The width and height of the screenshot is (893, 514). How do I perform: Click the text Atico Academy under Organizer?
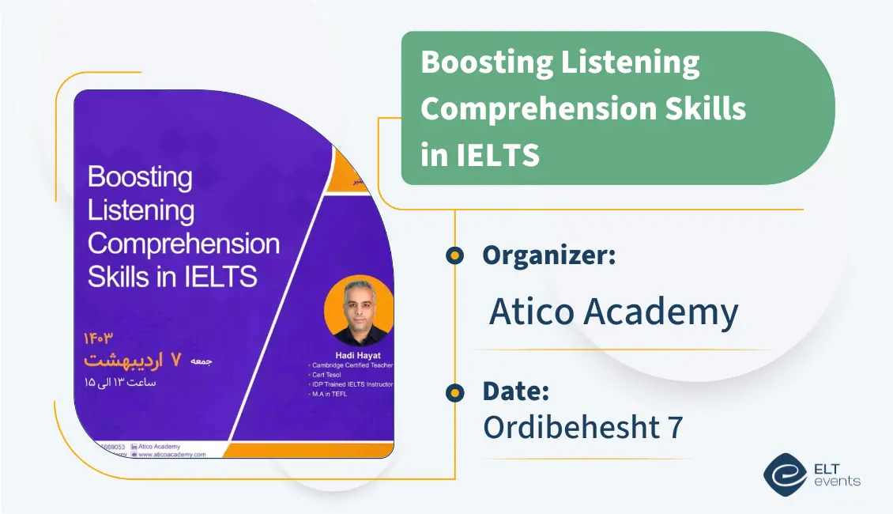pos(613,312)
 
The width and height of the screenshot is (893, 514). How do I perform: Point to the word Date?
pos(515,391)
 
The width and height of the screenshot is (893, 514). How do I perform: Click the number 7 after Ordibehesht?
pos(674,427)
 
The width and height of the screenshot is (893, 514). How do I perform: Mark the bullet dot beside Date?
pos(454,391)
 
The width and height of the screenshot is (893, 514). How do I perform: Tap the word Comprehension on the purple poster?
pos(183,244)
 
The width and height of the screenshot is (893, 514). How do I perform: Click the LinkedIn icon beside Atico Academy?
pos(134,447)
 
